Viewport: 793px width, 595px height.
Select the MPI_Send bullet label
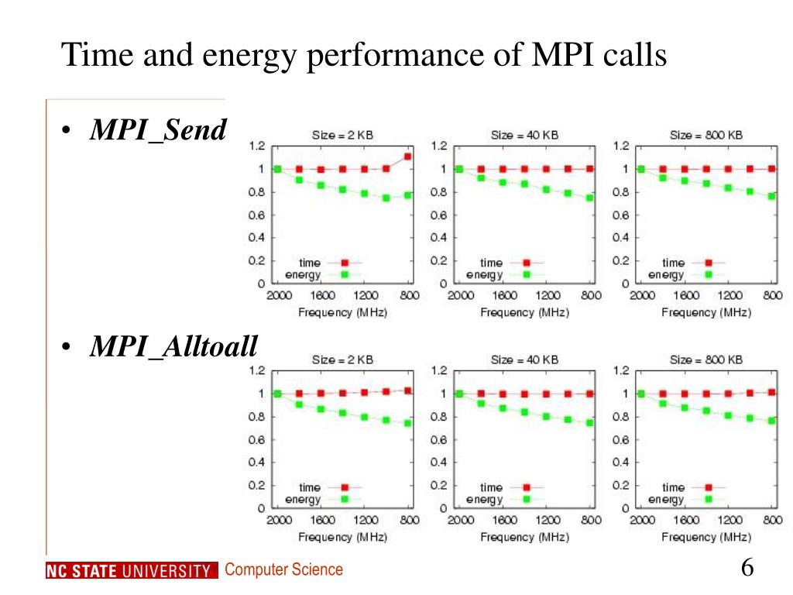coord(157,130)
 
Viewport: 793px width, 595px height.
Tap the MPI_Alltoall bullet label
coord(173,347)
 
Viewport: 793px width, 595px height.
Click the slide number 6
coord(747,567)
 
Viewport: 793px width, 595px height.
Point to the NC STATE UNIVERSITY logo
coord(129,572)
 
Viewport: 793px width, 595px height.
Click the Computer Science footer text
coord(283,570)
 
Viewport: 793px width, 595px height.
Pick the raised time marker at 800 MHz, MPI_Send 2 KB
coord(408,156)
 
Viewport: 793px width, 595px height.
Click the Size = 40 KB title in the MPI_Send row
coord(524,135)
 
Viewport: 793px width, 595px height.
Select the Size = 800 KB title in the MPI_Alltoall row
coord(706,359)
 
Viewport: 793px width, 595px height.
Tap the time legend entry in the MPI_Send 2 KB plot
coord(310,263)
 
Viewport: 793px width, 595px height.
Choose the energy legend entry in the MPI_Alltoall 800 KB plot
coord(666,500)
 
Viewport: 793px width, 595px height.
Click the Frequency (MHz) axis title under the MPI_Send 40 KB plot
coord(524,312)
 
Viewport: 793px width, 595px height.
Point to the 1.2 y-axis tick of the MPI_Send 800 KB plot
coord(620,146)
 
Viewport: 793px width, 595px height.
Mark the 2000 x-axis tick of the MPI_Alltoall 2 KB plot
coord(279,520)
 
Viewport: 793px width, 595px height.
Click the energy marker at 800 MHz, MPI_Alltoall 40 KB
coord(590,423)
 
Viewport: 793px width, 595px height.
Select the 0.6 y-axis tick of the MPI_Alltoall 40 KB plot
coord(438,439)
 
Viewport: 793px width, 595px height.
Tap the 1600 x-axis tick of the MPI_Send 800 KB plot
coord(686,295)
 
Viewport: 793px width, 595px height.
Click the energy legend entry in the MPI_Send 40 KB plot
coord(484,275)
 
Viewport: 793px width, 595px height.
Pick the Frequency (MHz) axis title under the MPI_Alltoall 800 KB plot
coord(706,537)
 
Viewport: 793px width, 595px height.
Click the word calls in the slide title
coord(634,57)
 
